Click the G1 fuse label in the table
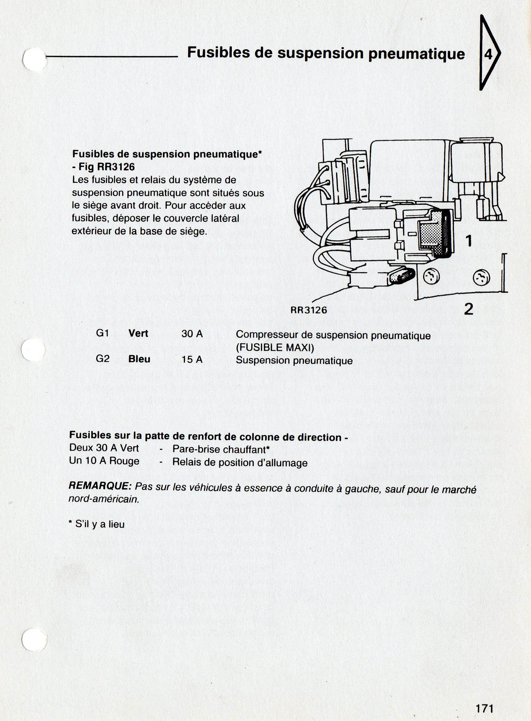103,333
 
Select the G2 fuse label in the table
103,358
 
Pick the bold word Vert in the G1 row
138,333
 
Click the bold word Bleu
139,359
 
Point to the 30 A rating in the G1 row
192,334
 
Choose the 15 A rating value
192,359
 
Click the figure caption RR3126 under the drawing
309,310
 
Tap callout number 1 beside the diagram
469,240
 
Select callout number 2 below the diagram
469,309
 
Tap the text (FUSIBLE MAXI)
275,348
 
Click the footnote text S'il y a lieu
99,524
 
